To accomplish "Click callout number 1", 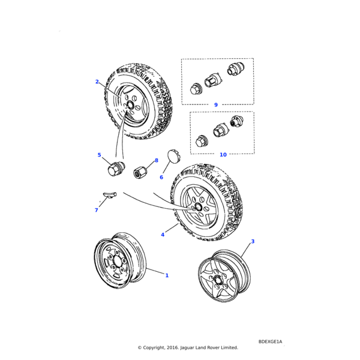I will tap(167, 275).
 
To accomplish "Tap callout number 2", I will tap(97, 82).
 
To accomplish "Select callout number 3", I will tap(253, 241).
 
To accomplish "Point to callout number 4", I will tap(163, 235).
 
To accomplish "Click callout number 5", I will tap(99, 155).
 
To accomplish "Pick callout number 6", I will tap(161, 178).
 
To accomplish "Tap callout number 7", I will tap(96, 210).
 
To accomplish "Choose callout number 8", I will tap(156, 160).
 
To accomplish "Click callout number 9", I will tap(216, 105).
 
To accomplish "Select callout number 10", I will tap(223, 155).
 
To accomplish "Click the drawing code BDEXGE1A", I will tap(270, 341).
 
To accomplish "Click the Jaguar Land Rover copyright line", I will tap(188, 347).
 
